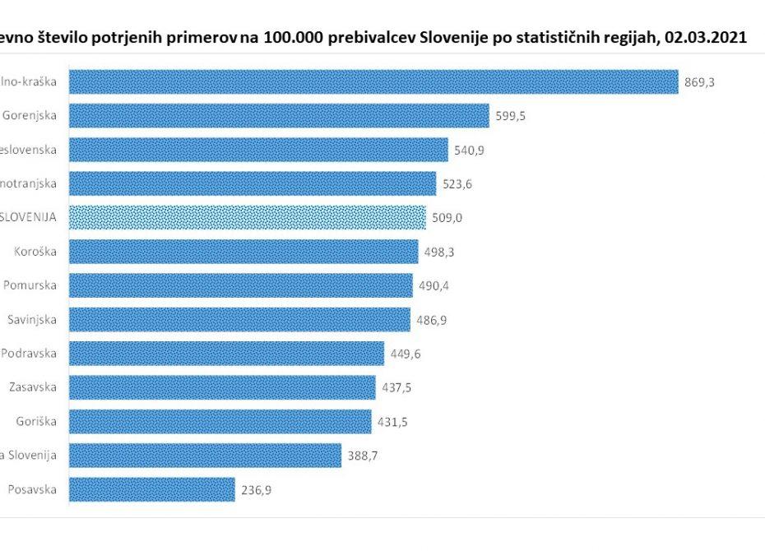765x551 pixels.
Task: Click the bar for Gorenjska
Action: [278, 116]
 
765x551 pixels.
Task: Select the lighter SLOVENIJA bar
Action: [247, 218]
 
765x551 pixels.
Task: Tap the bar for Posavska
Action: [151, 490]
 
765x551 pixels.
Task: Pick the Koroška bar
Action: [243, 252]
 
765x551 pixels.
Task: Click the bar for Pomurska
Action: [240, 286]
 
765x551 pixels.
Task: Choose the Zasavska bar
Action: [222, 388]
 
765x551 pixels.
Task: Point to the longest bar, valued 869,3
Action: [373, 81]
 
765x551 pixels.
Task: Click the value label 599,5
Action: [510, 116]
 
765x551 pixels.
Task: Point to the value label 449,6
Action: [404, 354]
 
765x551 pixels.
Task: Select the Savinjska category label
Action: [31, 320]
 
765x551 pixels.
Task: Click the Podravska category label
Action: [30, 354]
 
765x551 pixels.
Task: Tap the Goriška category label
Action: [36, 422]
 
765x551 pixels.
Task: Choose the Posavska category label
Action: [32, 490]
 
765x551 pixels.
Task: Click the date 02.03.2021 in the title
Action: [707, 38]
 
